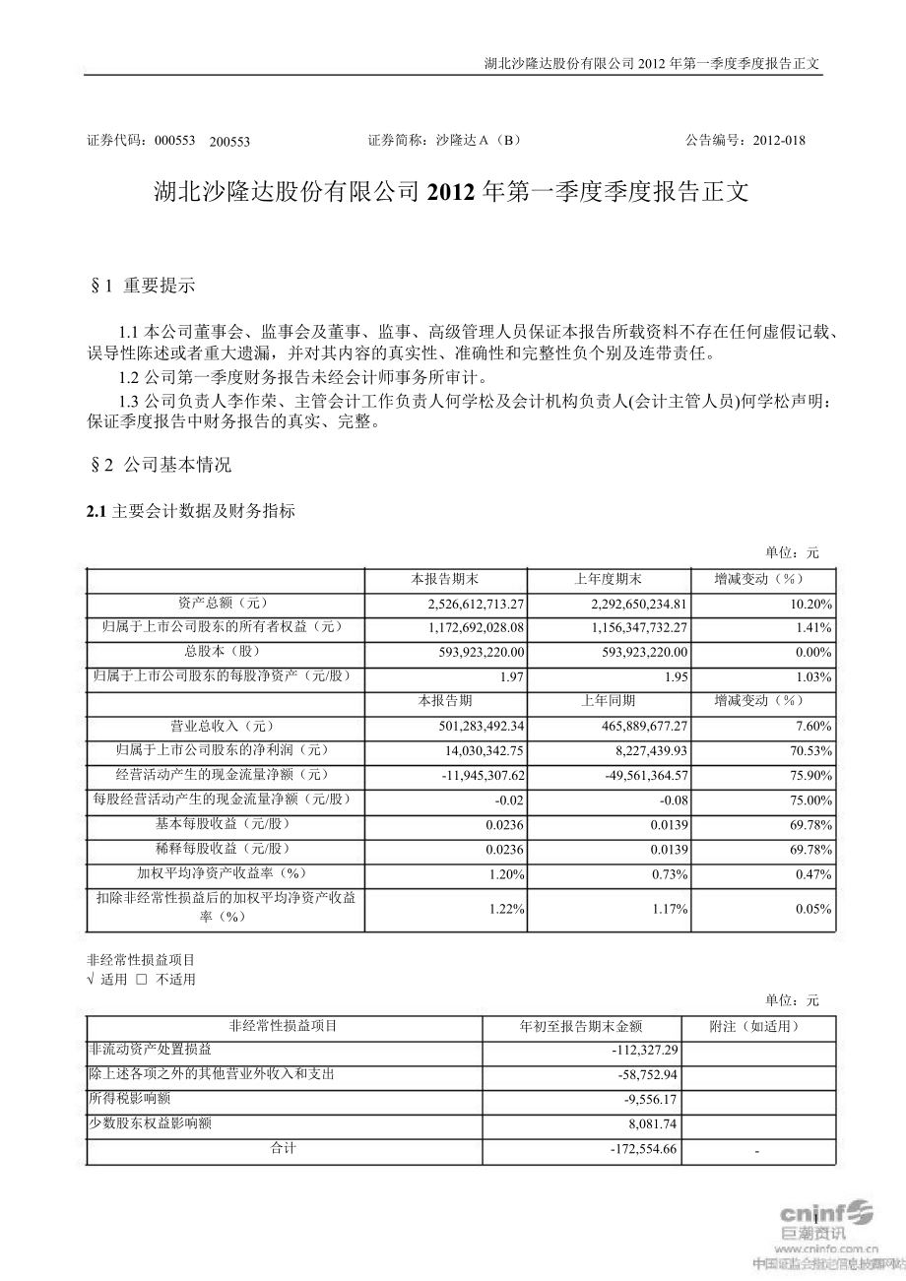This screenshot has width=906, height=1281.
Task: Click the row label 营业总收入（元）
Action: tap(218, 726)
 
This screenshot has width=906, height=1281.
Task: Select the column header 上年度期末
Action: tap(609, 579)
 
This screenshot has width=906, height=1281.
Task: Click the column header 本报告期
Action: tap(445, 701)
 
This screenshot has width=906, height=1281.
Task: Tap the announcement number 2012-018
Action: tap(778, 140)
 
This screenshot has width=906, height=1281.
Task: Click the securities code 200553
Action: tap(230, 141)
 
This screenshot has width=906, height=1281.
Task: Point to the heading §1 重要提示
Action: tap(143, 287)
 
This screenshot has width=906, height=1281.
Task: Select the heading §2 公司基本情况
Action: tap(161, 465)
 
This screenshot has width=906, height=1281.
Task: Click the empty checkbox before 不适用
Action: tap(142, 980)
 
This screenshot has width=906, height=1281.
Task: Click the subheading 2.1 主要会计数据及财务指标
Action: tap(191, 511)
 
